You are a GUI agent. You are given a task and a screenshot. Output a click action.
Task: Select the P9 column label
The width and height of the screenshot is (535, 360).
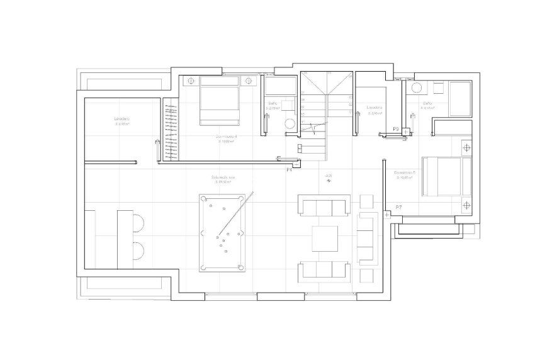[396, 129]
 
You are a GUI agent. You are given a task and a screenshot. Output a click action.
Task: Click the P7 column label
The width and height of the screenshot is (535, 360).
[398, 207]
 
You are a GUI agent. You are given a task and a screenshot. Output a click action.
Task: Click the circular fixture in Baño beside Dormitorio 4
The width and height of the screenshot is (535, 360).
[290, 123]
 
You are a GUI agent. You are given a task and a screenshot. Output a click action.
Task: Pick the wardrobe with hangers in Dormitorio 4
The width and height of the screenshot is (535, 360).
[171, 130]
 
